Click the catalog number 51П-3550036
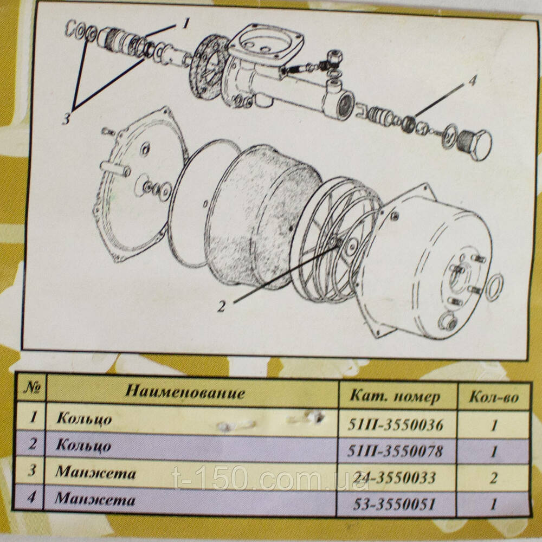(395, 424)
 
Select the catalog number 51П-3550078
(395, 451)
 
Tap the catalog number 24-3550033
(395, 478)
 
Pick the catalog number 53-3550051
(395, 504)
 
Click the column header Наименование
(185, 392)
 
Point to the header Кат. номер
(395, 396)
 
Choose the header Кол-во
(494, 397)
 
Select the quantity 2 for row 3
(494, 478)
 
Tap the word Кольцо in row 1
(84, 418)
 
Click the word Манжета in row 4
(95, 499)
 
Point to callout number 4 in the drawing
(473, 81)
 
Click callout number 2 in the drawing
(221, 306)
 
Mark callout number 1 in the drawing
(186, 23)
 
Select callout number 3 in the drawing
(66, 118)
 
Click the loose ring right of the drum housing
(494, 287)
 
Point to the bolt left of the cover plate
(109, 131)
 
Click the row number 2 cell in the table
(32, 443)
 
